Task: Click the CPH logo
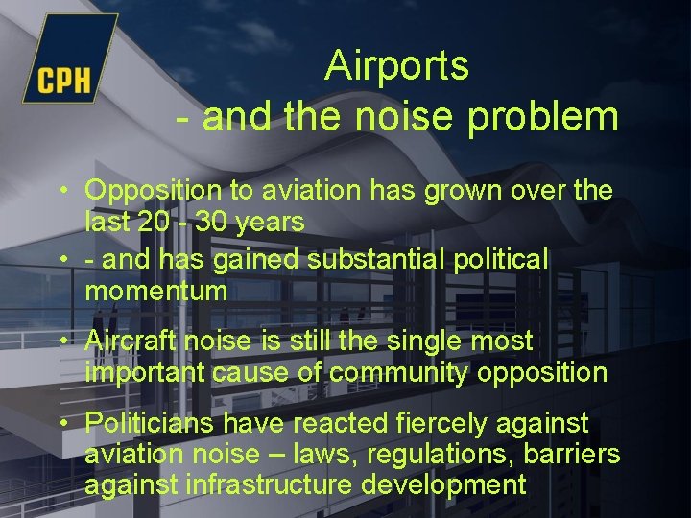point(65,63)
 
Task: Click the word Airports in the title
point(396,65)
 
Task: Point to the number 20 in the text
point(150,222)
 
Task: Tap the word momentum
point(156,291)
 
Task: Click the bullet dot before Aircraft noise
point(62,341)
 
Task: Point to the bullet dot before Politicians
point(62,423)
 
